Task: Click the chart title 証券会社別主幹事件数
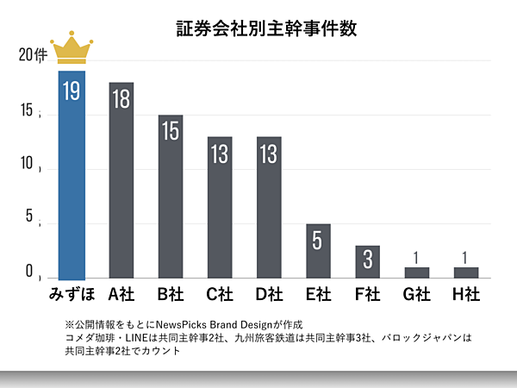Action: click(259, 28)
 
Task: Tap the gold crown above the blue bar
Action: click(71, 49)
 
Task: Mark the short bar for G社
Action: click(417, 272)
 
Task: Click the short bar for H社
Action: click(466, 272)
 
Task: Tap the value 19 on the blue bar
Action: click(72, 91)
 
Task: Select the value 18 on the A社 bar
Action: click(121, 101)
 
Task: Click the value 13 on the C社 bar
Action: click(220, 154)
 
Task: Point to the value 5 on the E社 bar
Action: click(318, 241)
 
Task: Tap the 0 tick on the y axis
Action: click(29, 272)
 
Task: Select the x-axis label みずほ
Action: click(71, 294)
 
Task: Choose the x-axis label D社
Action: click(269, 294)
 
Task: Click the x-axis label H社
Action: click(466, 294)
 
